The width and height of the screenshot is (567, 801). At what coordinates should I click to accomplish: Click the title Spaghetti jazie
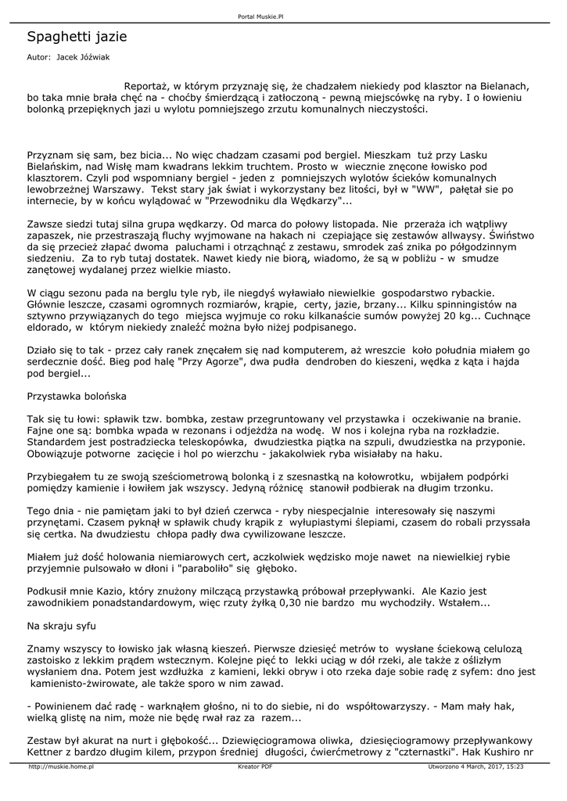coord(77,37)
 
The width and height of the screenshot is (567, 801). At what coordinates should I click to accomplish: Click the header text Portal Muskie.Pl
coord(260,16)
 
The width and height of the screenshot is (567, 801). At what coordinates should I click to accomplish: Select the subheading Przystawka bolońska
coord(77,397)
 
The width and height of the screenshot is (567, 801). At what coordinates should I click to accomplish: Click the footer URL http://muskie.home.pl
coord(61,767)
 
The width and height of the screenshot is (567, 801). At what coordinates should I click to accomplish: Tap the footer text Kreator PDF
coord(255,767)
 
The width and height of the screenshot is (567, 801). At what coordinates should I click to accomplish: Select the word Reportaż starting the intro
coord(146,86)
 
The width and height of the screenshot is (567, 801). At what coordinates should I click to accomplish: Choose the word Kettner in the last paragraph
coord(45,753)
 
